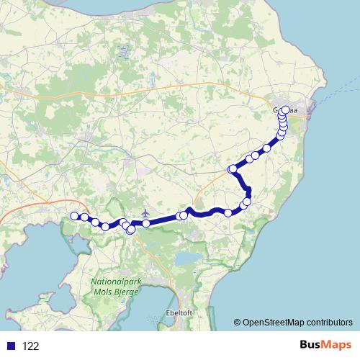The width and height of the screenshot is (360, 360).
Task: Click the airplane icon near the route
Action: pyautogui.click(x=146, y=213)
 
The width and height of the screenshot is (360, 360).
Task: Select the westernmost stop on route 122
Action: pyautogui.click(x=73, y=216)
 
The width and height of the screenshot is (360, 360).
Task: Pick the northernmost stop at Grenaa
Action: pyautogui.click(x=285, y=109)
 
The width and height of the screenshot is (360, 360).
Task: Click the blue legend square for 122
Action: pyautogui.click(x=8, y=346)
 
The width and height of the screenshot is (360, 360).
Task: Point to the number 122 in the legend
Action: pyautogui.click(x=31, y=346)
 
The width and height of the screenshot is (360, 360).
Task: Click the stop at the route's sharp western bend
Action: pyautogui.click(x=233, y=169)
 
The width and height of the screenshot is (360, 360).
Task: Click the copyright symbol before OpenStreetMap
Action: pyautogui.click(x=238, y=322)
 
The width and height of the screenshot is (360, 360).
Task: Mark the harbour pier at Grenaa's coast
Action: pyautogui.click(x=312, y=112)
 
